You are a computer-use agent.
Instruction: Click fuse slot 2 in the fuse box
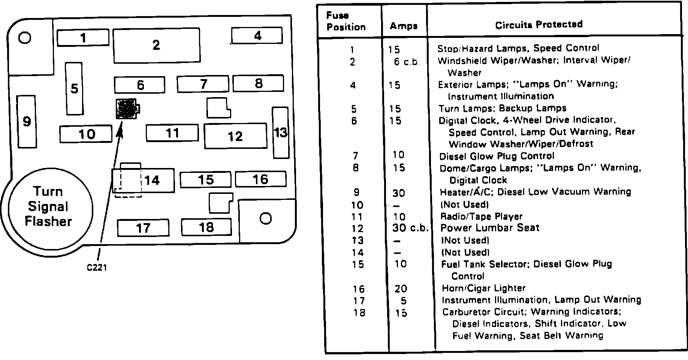(156, 45)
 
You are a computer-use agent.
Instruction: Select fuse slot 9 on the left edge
(27, 121)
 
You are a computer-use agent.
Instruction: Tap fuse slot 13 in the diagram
(280, 132)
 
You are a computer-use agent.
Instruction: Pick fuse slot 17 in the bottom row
(143, 228)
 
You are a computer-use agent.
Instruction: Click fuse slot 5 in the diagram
(74, 88)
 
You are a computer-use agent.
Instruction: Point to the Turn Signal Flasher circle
(49, 207)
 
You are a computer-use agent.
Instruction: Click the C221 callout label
(97, 268)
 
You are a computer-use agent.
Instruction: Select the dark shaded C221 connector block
(126, 109)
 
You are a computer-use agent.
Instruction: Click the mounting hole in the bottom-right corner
(265, 218)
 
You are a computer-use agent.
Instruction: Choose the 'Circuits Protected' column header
(538, 25)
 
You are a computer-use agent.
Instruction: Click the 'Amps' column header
(403, 26)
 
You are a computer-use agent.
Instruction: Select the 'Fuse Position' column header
(345, 21)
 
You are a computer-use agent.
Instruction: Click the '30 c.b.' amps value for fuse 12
(410, 228)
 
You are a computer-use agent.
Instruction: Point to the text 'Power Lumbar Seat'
(490, 228)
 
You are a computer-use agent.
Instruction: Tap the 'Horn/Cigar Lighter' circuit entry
(484, 288)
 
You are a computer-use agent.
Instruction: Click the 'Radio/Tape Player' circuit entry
(482, 216)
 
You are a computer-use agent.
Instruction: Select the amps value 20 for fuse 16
(401, 289)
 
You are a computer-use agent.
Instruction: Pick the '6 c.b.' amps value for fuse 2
(406, 62)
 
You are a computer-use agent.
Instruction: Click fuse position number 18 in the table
(359, 312)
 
